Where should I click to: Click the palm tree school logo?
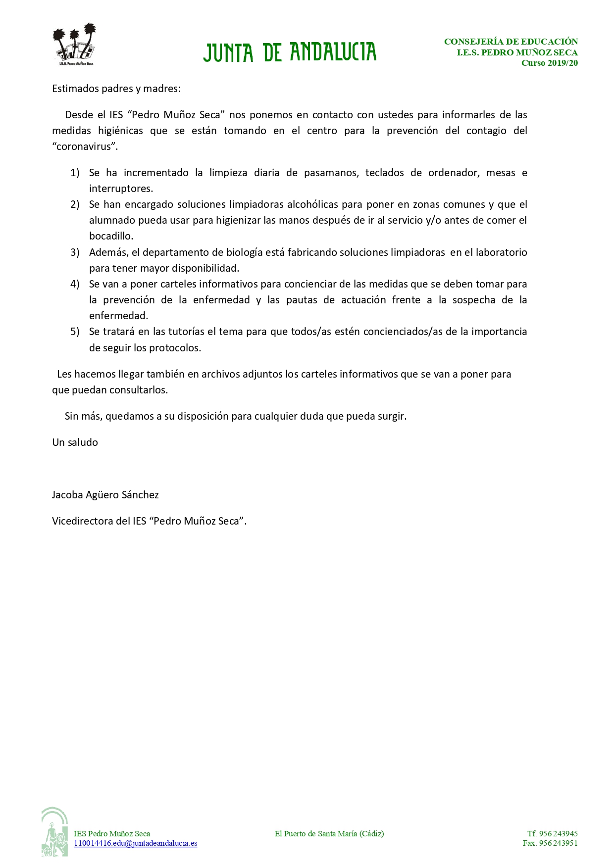pyautogui.click(x=74, y=45)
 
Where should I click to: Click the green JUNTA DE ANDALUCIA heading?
pyautogui.click(x=290, y=52)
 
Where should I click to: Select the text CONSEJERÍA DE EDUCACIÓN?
pyautogui.click(x=511, y=42)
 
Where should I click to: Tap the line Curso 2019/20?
pyautogui.click(x=549, y=63)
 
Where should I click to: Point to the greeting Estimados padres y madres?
pyautogui.click(x=116, y=89)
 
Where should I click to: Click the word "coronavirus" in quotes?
pyautogui.click(x=85, y=146)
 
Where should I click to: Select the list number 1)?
pyautogui.click(x=75, y=173)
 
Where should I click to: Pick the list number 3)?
pyautogui.click(x=75, y=252)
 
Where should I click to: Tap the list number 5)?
pyautogui.click(x=75, y=332)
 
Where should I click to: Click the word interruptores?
pyautogui.click(x=121, y=189)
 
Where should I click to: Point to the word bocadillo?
pyautogui.click(x=111, y=236)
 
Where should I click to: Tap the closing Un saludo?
pyautogui.click(x=75, y=442)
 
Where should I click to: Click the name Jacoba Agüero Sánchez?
pyautogui.click(x=105, y=495)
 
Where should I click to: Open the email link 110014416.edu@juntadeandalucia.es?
pyautogui.click(x=135, y=843)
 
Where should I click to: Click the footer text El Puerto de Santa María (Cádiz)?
pyautogui.click(x=329, y=834)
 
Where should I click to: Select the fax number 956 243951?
pyautogui.click(x=558, y=843)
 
